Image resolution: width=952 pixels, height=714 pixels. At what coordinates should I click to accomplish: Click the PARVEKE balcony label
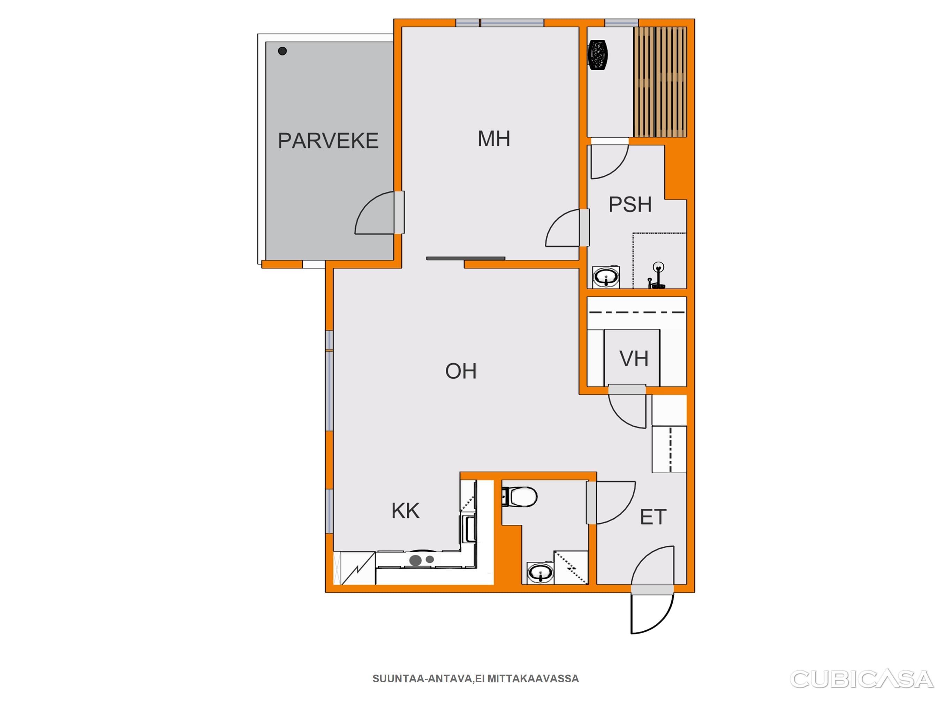point(328,141)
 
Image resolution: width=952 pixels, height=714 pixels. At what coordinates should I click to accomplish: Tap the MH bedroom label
point(494,139)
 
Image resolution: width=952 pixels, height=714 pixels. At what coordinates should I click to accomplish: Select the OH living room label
point(461,371)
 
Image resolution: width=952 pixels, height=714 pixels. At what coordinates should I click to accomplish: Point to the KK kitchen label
point(406,511)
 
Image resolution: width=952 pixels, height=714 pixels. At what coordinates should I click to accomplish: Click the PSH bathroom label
point(630,204)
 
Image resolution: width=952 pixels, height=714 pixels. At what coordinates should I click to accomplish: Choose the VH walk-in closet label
point(634,358)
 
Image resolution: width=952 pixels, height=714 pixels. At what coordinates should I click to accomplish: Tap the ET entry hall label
point(653,517)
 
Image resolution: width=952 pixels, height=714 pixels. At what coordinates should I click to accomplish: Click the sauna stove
point(598,55)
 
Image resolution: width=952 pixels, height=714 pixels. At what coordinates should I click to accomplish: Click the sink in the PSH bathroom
point(606,277)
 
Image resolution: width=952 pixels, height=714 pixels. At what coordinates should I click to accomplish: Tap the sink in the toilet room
point(541,573)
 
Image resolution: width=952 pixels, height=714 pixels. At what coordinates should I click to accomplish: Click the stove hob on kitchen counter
point(422,560)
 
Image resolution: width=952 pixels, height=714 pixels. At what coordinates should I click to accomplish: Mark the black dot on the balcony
point(282,51)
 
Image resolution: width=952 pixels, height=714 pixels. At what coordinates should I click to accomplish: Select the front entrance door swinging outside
point(652,613)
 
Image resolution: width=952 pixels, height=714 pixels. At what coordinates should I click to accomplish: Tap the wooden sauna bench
point(660,82)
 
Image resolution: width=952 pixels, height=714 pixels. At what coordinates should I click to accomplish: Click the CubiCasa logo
point(862,679)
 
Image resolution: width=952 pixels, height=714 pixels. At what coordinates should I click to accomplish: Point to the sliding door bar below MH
point(466,259)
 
